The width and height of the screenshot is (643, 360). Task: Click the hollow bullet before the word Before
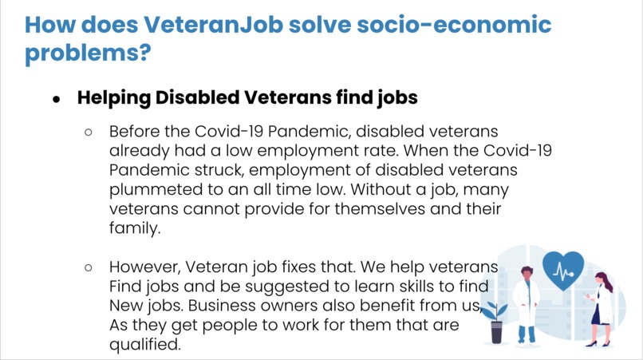point(90,132)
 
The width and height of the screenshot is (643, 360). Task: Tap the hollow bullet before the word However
point(90,268)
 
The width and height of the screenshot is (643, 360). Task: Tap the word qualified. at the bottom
point(145,345)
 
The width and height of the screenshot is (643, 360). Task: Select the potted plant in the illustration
point(496,320)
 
